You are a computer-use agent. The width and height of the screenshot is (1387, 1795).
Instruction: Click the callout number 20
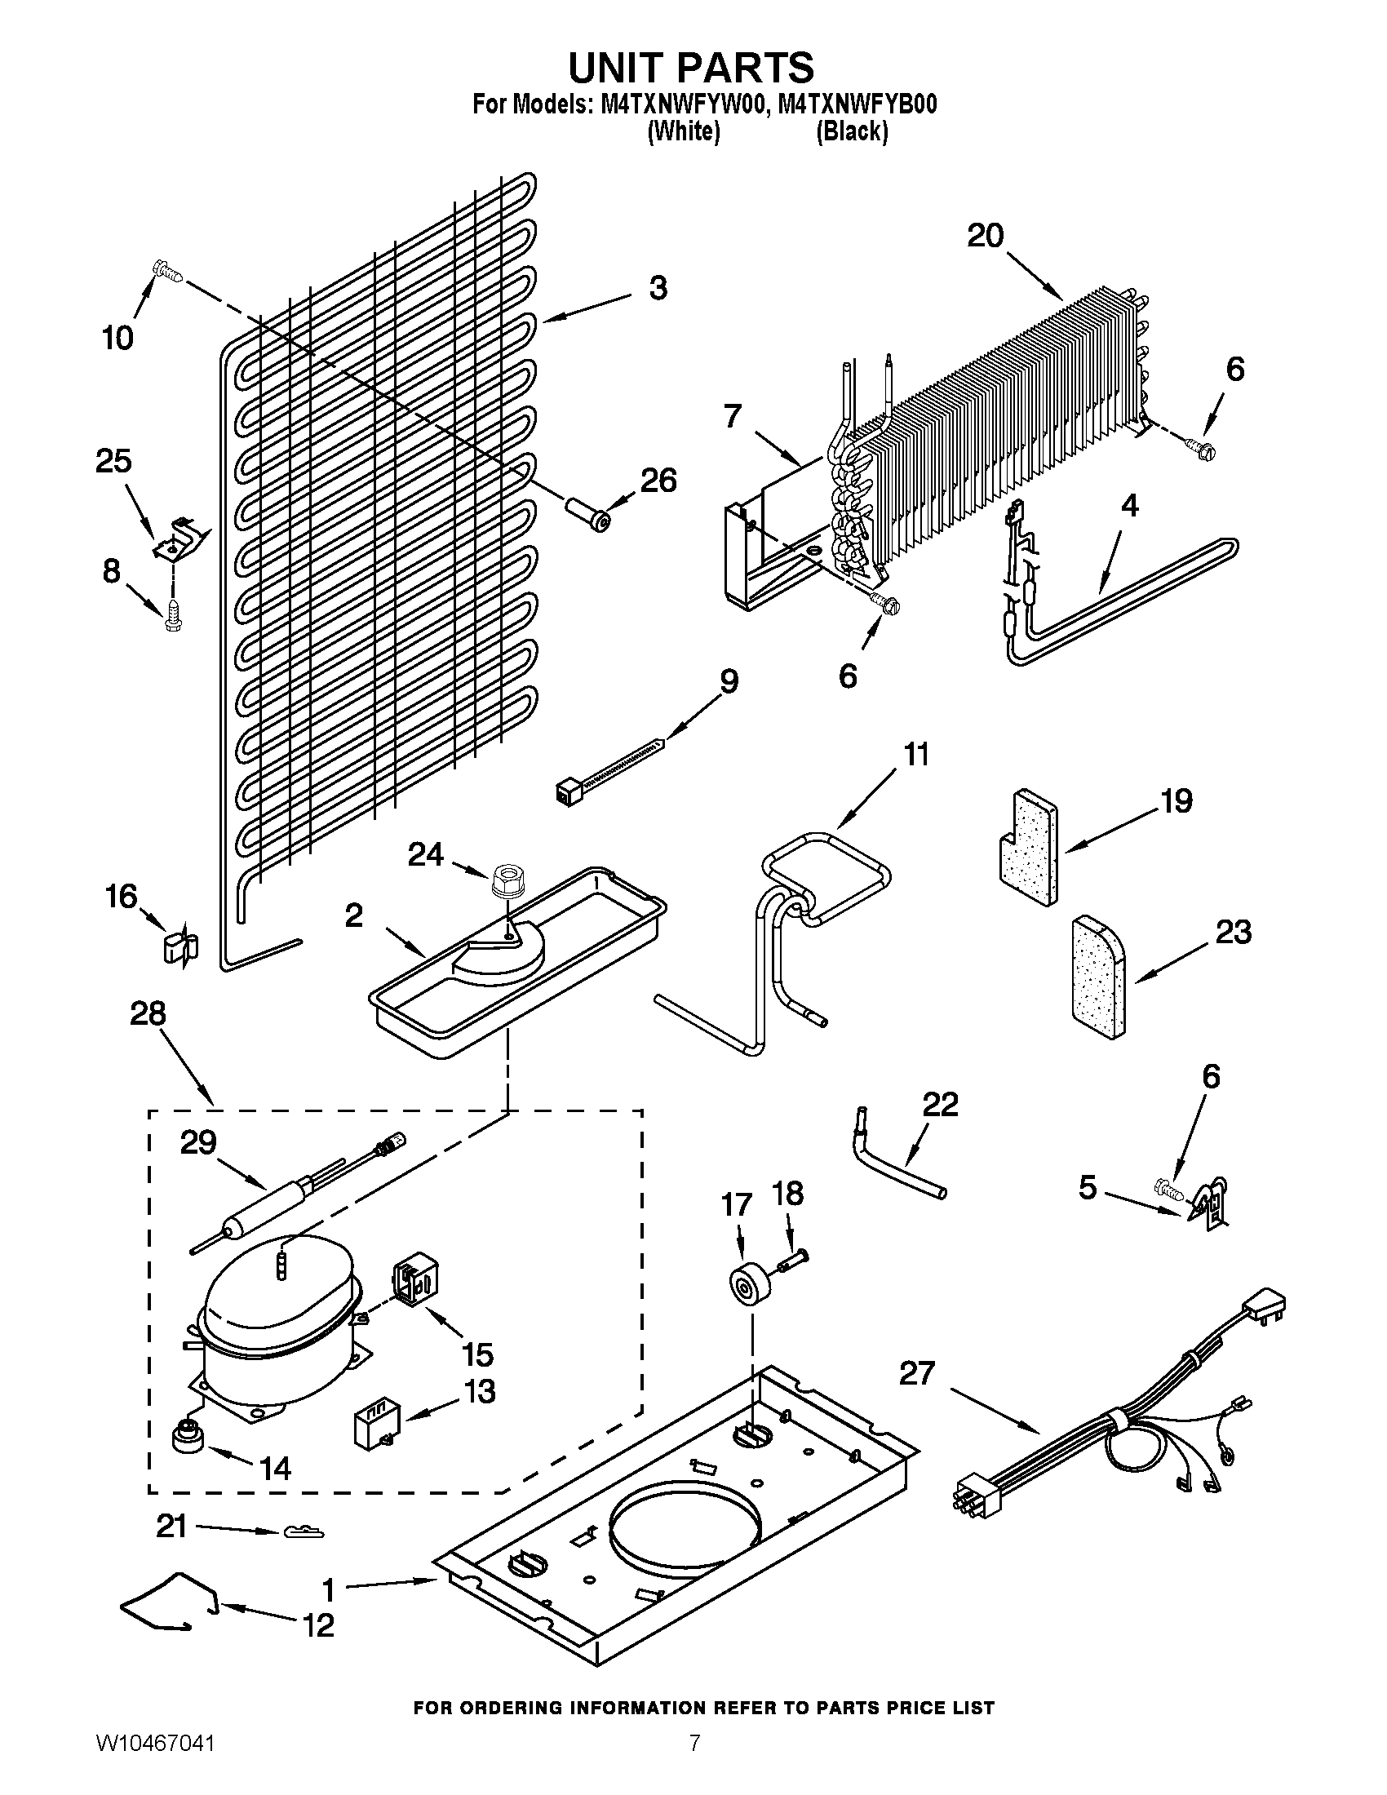(x=986, y=237)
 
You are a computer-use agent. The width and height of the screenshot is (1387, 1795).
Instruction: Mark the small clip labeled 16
(x=179, y=946)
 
